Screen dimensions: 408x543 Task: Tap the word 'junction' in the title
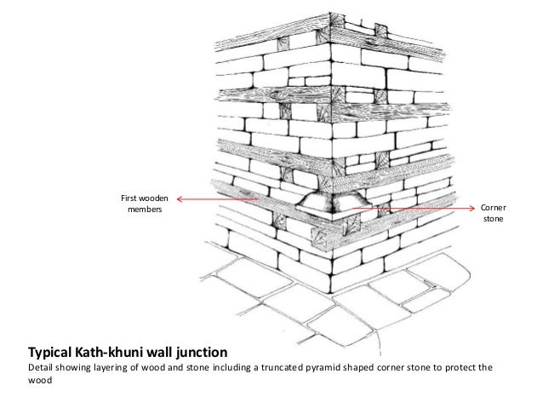(x=200, y=351)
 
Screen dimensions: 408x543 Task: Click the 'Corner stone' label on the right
(x=493, y=213)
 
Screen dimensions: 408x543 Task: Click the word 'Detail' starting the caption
(x=42, y=368)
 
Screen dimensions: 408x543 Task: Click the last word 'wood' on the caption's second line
(x=41, y=382)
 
